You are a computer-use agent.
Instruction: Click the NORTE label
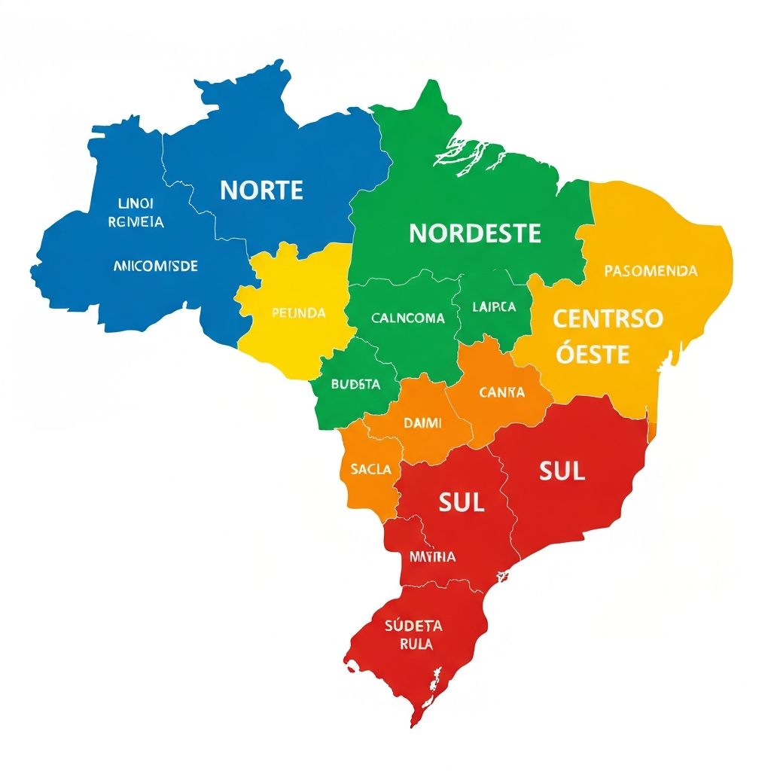(x=261, y=190)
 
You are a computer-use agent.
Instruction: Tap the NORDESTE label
(x=474, y=233)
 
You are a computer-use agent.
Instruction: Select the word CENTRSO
(x=608, y=318)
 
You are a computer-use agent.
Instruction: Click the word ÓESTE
(x=593, y=354)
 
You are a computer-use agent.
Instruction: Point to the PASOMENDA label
(x=651, y=270)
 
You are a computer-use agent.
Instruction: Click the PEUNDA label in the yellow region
(x=298, y=312)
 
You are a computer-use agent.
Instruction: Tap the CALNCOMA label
(x=408, y=318)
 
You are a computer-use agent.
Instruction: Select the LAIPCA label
(x=494, y=307)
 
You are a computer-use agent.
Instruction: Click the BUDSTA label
(x=355, y=384)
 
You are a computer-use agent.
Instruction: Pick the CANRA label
(x=501, y=392)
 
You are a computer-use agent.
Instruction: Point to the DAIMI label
(x=422, y=423)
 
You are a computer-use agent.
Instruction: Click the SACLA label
(x=370, y=469)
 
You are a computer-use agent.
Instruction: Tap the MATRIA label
(x=432, y=557)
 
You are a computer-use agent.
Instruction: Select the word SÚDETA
(x=413, y=626)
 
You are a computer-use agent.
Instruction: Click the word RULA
(x=416, y=645)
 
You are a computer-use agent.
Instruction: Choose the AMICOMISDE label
(x=155, y=266)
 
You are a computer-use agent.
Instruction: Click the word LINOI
(x=136, y=203)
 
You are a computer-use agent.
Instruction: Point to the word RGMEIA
(x=136, y=222)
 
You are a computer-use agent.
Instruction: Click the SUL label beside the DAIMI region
(x=461, y=502)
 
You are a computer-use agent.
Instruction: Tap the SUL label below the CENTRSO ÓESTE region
(x=562, y=471)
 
